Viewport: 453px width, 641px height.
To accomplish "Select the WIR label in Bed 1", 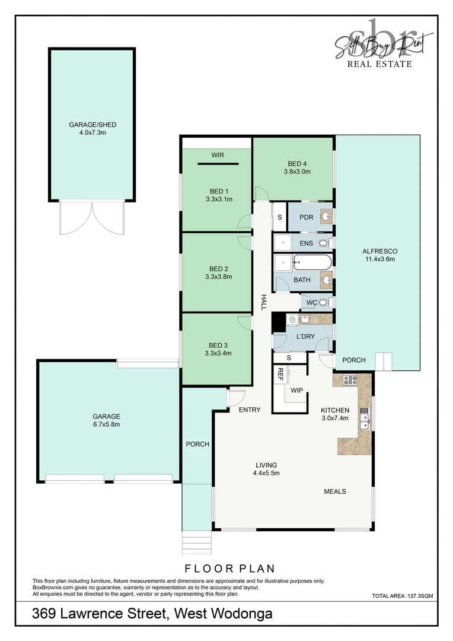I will point(217,156).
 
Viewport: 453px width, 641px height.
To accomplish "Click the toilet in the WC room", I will point(324,303).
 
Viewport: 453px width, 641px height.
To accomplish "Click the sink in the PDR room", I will point(326,217).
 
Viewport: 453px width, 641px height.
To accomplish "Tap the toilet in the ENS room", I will point(324,243).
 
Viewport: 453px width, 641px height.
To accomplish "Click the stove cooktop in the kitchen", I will point(346,379).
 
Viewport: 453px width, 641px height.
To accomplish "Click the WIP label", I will point(296,390).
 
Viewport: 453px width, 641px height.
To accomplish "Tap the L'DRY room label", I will point(305,337).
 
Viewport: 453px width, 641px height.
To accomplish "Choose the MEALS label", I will point(335,491).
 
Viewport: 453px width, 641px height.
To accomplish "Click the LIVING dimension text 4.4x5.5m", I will point(266,473).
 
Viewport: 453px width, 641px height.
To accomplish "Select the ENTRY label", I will point(250,410).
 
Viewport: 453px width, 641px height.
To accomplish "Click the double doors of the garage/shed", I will point(92,217).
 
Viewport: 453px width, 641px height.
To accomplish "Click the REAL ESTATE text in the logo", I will point(379,64).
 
